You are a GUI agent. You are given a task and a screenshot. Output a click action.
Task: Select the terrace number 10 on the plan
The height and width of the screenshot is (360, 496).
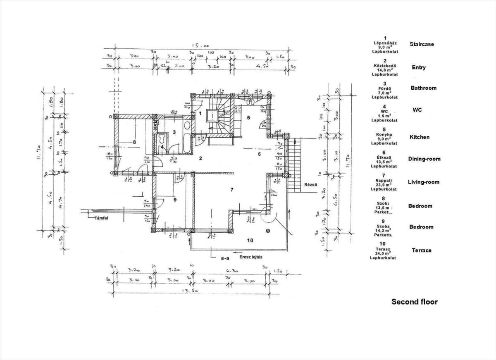(250, 240)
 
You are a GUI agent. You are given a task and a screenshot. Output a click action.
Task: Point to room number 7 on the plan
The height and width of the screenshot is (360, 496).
(232, 190)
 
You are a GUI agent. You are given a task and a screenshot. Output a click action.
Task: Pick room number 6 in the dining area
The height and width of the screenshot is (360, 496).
(259, 154)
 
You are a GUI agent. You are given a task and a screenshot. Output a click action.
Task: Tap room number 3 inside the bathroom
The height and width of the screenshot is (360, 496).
(174, 132)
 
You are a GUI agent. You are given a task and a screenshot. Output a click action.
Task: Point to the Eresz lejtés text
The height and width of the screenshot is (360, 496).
(251, 257)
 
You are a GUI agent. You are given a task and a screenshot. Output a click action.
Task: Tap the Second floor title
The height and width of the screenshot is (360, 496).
(414, 302)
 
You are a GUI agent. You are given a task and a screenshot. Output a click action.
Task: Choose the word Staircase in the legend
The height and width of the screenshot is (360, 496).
(422, 44)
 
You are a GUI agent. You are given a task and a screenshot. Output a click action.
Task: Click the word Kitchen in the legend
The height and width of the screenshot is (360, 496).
(419, 137)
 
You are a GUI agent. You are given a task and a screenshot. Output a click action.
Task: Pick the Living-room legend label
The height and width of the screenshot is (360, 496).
(423, 182)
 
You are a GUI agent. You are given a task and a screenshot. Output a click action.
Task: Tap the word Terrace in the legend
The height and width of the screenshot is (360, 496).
(421, 250)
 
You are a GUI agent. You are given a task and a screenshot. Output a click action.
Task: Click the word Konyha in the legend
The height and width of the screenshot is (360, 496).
(384, 134)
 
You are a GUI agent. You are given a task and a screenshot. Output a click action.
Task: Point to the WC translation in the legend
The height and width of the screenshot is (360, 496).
(417, 110)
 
